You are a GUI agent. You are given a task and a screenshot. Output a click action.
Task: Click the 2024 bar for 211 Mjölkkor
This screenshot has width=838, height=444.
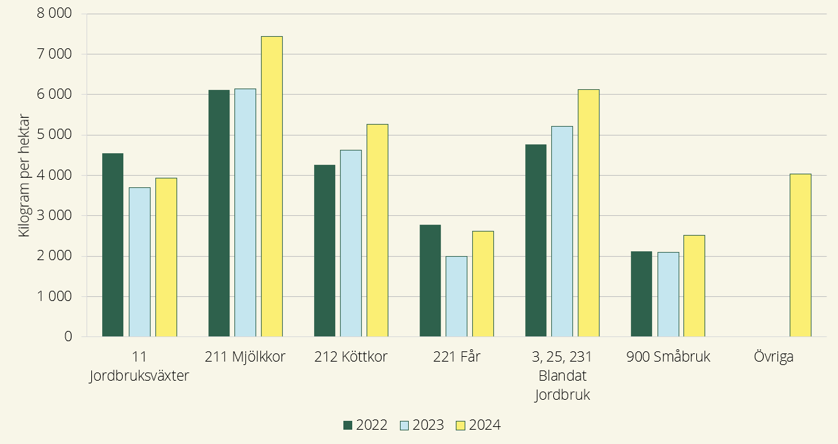pos(271,187)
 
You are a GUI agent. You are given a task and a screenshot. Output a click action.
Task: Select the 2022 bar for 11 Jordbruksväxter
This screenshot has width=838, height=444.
pos(112,245)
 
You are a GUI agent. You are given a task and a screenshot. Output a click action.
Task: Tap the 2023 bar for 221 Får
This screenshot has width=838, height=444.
pos(456,296)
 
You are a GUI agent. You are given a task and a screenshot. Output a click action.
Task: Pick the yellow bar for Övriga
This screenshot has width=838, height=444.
pos(800,255)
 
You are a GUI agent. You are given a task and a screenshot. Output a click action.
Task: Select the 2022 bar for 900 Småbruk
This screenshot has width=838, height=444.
pos(641,294)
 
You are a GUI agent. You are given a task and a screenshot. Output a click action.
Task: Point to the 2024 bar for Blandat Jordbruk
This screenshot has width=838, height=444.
pos(589,213)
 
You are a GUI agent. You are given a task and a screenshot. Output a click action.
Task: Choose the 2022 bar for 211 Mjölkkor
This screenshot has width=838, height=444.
pos(219,213)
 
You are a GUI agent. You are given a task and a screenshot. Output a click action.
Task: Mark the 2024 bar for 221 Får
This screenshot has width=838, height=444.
pos(482,284)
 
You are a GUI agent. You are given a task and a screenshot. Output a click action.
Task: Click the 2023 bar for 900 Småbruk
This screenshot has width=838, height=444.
pos(668,294)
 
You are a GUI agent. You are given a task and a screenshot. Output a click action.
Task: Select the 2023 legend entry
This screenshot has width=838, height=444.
pos(421,426)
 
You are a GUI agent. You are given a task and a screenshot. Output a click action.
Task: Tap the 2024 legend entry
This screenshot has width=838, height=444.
pos(478,426)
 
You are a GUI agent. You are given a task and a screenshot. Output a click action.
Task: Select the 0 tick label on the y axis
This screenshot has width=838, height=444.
pos(67,336)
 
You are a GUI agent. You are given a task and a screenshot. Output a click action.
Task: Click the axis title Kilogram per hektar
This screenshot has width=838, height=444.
pos(25,176)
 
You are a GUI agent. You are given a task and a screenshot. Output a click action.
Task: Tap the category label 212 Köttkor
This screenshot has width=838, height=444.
pos(351,357)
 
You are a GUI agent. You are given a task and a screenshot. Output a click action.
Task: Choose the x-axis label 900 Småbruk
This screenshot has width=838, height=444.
pos(668,357)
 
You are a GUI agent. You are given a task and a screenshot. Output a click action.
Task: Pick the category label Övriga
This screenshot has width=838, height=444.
pos(774,357)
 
